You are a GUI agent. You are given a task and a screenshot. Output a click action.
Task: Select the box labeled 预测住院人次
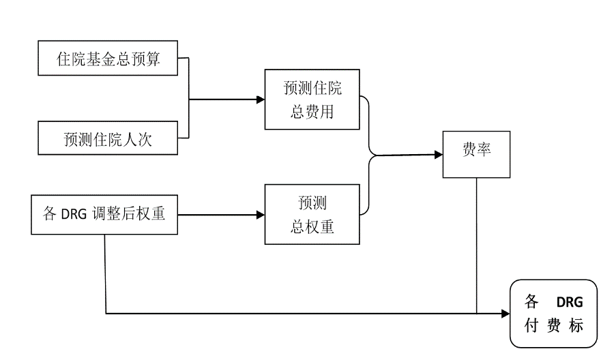[x=108, y=139]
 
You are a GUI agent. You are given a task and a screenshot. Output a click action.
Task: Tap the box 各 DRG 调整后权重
[x=104, y=215]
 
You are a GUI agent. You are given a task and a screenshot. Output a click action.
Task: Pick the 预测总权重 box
[x=312, y=215]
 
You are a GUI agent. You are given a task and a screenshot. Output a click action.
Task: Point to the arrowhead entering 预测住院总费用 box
[x=260, y=100]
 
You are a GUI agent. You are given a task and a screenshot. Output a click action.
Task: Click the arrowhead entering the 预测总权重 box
[x=260, y=215]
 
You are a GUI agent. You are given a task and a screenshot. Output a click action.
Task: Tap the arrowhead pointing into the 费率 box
[x=438, y=154]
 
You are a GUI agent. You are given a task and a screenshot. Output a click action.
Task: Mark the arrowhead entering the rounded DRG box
[x=505, y=314]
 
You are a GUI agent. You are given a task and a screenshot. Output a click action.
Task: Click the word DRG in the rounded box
[x=570, y=302]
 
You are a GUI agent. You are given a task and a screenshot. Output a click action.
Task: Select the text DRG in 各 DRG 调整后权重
[x=74, y=215]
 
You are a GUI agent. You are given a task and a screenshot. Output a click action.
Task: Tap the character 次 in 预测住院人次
[x=145, y=140]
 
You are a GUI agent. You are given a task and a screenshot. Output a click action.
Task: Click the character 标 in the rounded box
[x=576, y=326]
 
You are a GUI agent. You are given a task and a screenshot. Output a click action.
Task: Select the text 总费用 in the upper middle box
[x=312, y=111]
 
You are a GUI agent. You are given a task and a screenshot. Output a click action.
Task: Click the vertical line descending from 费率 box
[x=476, y=245]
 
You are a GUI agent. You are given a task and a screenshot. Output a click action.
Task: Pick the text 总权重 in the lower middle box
[x=312, y=227]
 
